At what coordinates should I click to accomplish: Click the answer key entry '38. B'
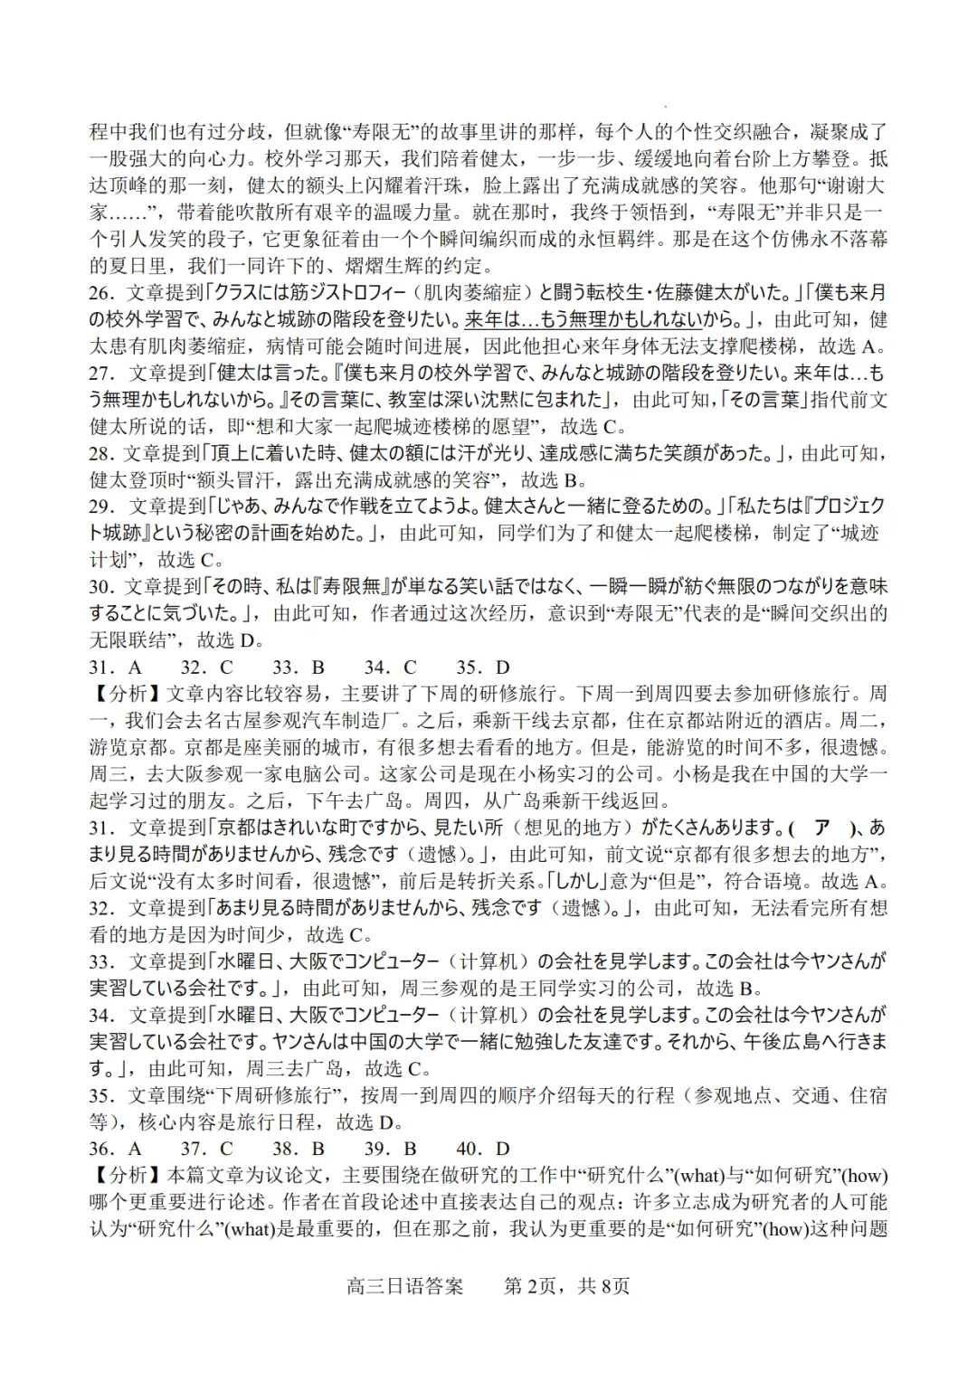point(299,1149)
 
